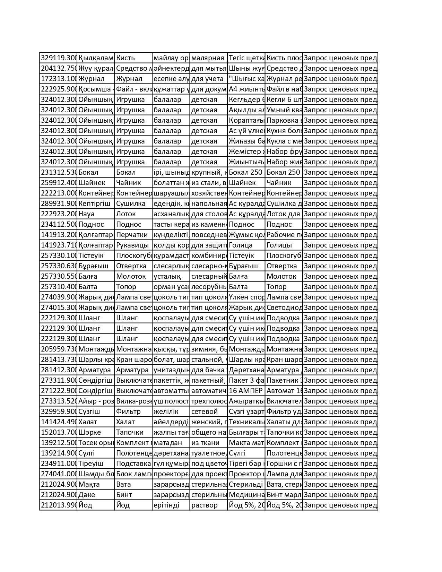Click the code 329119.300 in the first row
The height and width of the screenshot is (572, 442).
tap(58, 58)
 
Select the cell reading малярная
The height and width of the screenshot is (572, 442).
tap(208, 58)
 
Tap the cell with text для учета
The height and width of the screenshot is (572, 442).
tap(208, 79)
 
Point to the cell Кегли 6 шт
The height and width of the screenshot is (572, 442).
tap(284, 99)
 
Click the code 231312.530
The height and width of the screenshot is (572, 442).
tap(58, 172)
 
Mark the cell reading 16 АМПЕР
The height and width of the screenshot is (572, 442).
tap(245, 391)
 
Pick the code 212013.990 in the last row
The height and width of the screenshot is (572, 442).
tap(58, 505)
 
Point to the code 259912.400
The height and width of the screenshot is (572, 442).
tap(58, 183)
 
